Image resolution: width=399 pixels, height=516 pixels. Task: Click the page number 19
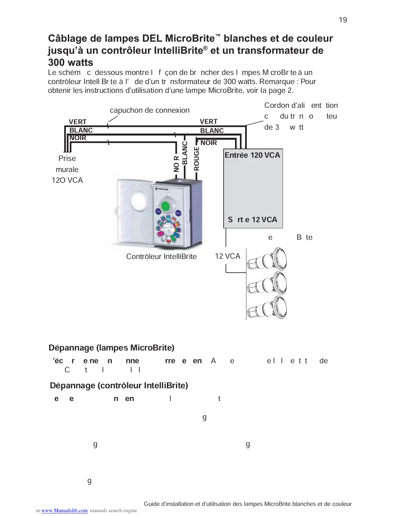click(343, 20)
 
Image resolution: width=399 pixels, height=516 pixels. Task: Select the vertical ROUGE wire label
click(196, 159)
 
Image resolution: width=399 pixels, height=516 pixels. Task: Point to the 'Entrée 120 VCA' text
click(252, 155)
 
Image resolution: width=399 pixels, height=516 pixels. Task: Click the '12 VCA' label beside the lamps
click(227, 256)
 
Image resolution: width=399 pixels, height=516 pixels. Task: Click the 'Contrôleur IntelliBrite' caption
click(161, 257)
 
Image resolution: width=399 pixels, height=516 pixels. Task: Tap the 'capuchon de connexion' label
click(150, 110)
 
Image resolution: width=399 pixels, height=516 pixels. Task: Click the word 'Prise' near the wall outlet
click(67, 159)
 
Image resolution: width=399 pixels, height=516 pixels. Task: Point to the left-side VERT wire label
click(78, 122)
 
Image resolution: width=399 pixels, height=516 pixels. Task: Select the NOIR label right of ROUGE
click(209, 143)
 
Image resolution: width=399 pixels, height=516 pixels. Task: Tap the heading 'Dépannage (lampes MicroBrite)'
click(111, 348)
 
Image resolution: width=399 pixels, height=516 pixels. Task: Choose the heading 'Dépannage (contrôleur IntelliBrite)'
click(119, 386)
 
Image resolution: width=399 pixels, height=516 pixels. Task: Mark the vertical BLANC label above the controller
click(185, 153)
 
